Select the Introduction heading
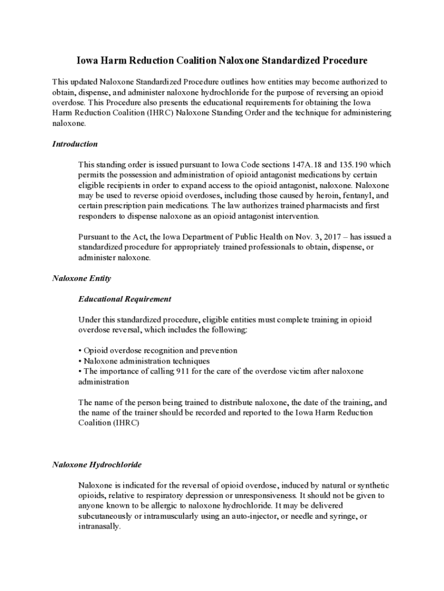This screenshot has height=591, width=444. (75, 144)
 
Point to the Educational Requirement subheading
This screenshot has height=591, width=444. (125, 299)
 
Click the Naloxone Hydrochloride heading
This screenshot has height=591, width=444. (97, 464)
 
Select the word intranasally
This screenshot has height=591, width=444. (99, 526)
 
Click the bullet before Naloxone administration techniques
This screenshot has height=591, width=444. (80, 361)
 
